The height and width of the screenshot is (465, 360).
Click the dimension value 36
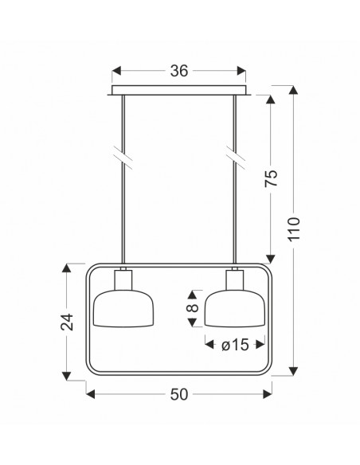coord(179,71)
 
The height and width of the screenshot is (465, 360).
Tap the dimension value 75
coord(271,178)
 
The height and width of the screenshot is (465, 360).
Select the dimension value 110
coord(294,229)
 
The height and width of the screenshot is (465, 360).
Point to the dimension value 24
coord(67,322)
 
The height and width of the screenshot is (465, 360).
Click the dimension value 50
coord(179,394)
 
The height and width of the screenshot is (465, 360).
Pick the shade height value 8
coord(193,308)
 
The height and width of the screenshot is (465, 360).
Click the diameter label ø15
coord(235,345)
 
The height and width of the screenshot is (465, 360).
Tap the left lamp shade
coord(123,308)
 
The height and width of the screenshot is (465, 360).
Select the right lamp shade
coord(235,308)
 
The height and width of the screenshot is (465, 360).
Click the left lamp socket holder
coord(123,280)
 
